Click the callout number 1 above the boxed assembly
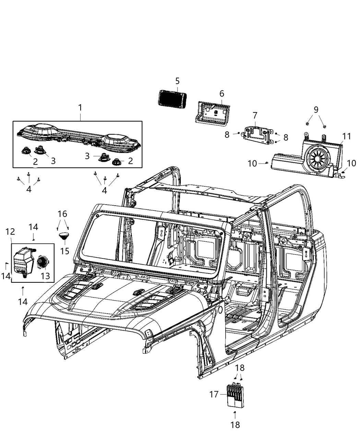tap(80, 108)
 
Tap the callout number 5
tap(177, 81)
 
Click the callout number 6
tap(221, 94)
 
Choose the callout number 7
tap(255, 116)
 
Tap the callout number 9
tap(316, 110)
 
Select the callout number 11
tap(347, 136)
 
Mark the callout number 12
tap(10, 232)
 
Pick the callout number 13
tap(45, 276)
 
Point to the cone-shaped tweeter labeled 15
tap(64, 236)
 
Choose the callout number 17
tap(214, 394)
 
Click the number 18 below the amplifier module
tap(235, 425)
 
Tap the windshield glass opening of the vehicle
tap(151, 243)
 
